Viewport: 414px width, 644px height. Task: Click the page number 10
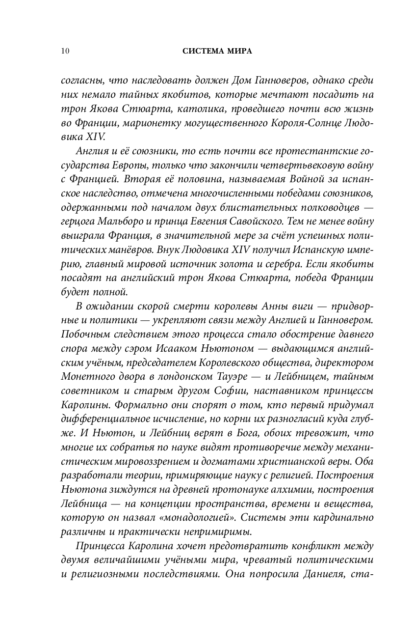tap(65, 51)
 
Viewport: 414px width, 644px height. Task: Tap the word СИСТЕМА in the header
tap(198, 51)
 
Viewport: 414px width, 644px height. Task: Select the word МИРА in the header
tap(237, 51)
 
